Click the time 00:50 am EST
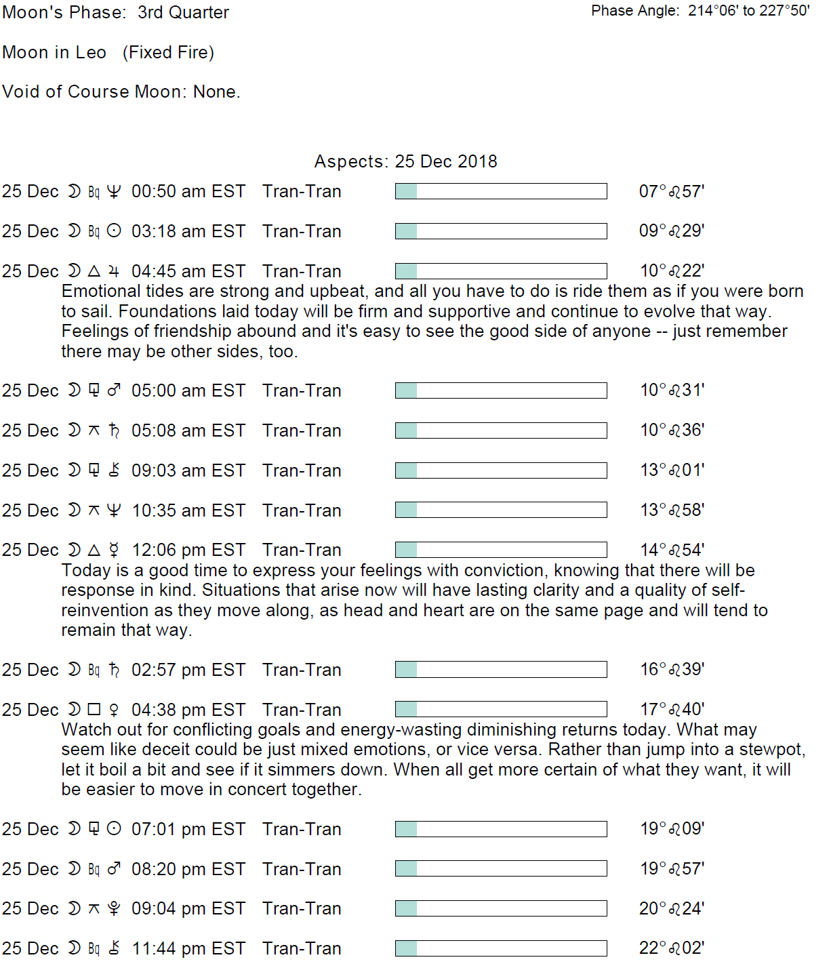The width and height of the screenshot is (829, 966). pos(188,192)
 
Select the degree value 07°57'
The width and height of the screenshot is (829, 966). pos(671,192)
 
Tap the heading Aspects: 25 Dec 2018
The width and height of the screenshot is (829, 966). pos(405,161)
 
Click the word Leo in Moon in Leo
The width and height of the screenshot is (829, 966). pos(92,52)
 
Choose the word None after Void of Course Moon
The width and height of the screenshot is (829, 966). pos(216,92)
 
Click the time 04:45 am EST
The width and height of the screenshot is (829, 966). pos(188,271)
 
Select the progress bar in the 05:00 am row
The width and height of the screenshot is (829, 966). pos(501,390)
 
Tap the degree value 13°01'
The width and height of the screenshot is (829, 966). pos(672,470)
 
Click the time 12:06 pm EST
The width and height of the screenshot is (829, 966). pos(188,550)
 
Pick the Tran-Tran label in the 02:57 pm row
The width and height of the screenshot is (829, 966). pos(302,670)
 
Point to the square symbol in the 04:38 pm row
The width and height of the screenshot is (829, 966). pos(94,709)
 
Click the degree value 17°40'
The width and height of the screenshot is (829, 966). pos(672,709)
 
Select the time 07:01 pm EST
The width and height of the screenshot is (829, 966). pos(188,829)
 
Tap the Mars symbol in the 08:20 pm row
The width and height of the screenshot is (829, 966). pos(114,868)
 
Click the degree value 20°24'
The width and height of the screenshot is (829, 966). pos(671,908)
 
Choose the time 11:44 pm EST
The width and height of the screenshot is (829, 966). pos(188,948)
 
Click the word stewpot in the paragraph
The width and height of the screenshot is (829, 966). pos(771,750)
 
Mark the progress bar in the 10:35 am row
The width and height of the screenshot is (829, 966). pos(501,510)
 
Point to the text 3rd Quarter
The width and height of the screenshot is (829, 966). pos(183,12)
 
